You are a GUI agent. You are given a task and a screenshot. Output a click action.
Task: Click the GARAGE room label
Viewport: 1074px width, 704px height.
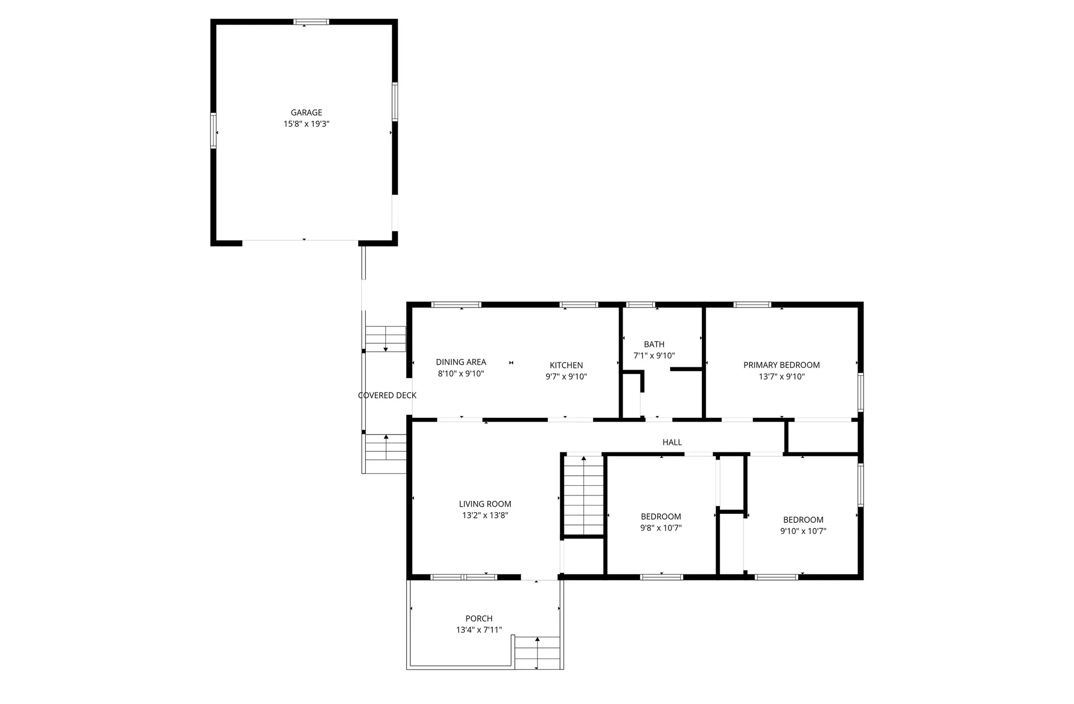click(306, 112)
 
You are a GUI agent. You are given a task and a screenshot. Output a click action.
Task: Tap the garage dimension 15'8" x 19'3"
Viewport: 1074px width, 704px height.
click(306, 124)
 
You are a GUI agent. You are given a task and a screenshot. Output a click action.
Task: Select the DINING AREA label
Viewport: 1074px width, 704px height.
click(461, 362)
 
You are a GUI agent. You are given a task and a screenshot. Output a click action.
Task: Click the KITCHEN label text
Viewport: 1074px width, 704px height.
click(566, 365)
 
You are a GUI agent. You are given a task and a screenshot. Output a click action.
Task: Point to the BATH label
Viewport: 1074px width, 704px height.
click(654, 344)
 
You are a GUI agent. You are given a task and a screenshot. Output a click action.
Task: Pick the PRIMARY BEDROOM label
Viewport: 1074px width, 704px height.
click(781, 365)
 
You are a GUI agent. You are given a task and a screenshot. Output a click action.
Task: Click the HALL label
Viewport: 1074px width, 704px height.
click(672, 442)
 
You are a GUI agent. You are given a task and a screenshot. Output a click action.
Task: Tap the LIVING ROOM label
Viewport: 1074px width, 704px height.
click(485, 504)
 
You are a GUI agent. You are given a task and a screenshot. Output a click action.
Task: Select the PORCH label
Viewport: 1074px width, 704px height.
click(479, 618)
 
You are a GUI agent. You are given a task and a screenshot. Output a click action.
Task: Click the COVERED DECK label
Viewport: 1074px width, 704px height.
click(387, 395)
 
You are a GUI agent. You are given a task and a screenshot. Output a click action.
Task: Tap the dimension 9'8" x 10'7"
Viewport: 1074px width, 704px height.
click(661, 528)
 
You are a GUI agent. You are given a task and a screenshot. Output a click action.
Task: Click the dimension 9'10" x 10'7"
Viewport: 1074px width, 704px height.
click(803, 531)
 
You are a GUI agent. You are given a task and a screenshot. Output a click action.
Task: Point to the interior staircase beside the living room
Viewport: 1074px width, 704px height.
click(583, 495)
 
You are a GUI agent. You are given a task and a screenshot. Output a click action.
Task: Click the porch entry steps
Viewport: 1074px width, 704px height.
click(537, 652)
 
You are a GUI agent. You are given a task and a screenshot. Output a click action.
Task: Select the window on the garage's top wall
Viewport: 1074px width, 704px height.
click(312, 22)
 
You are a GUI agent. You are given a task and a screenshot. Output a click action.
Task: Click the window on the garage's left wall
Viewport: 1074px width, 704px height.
click(213, 130)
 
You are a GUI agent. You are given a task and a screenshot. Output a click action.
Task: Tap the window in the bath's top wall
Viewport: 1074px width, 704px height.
click(640, 305)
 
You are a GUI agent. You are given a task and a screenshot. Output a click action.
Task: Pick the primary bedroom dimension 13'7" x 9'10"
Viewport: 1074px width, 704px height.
click(781, 377)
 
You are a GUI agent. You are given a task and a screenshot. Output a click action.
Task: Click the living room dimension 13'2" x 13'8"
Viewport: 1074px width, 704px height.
click(485, 516)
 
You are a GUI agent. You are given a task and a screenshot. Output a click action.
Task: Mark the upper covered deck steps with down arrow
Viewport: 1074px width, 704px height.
click(385, 339)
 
